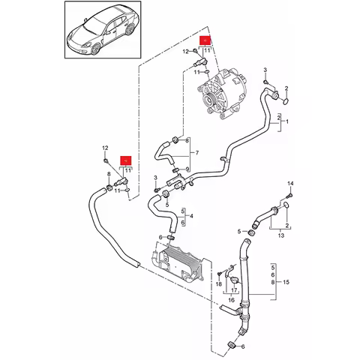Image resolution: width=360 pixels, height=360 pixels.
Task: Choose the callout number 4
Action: point(192,216)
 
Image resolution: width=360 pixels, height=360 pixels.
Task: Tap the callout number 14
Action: point(290,184)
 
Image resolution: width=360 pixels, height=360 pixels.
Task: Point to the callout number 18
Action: point(218,284)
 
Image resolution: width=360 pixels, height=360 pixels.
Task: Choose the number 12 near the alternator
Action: point(184,51)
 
